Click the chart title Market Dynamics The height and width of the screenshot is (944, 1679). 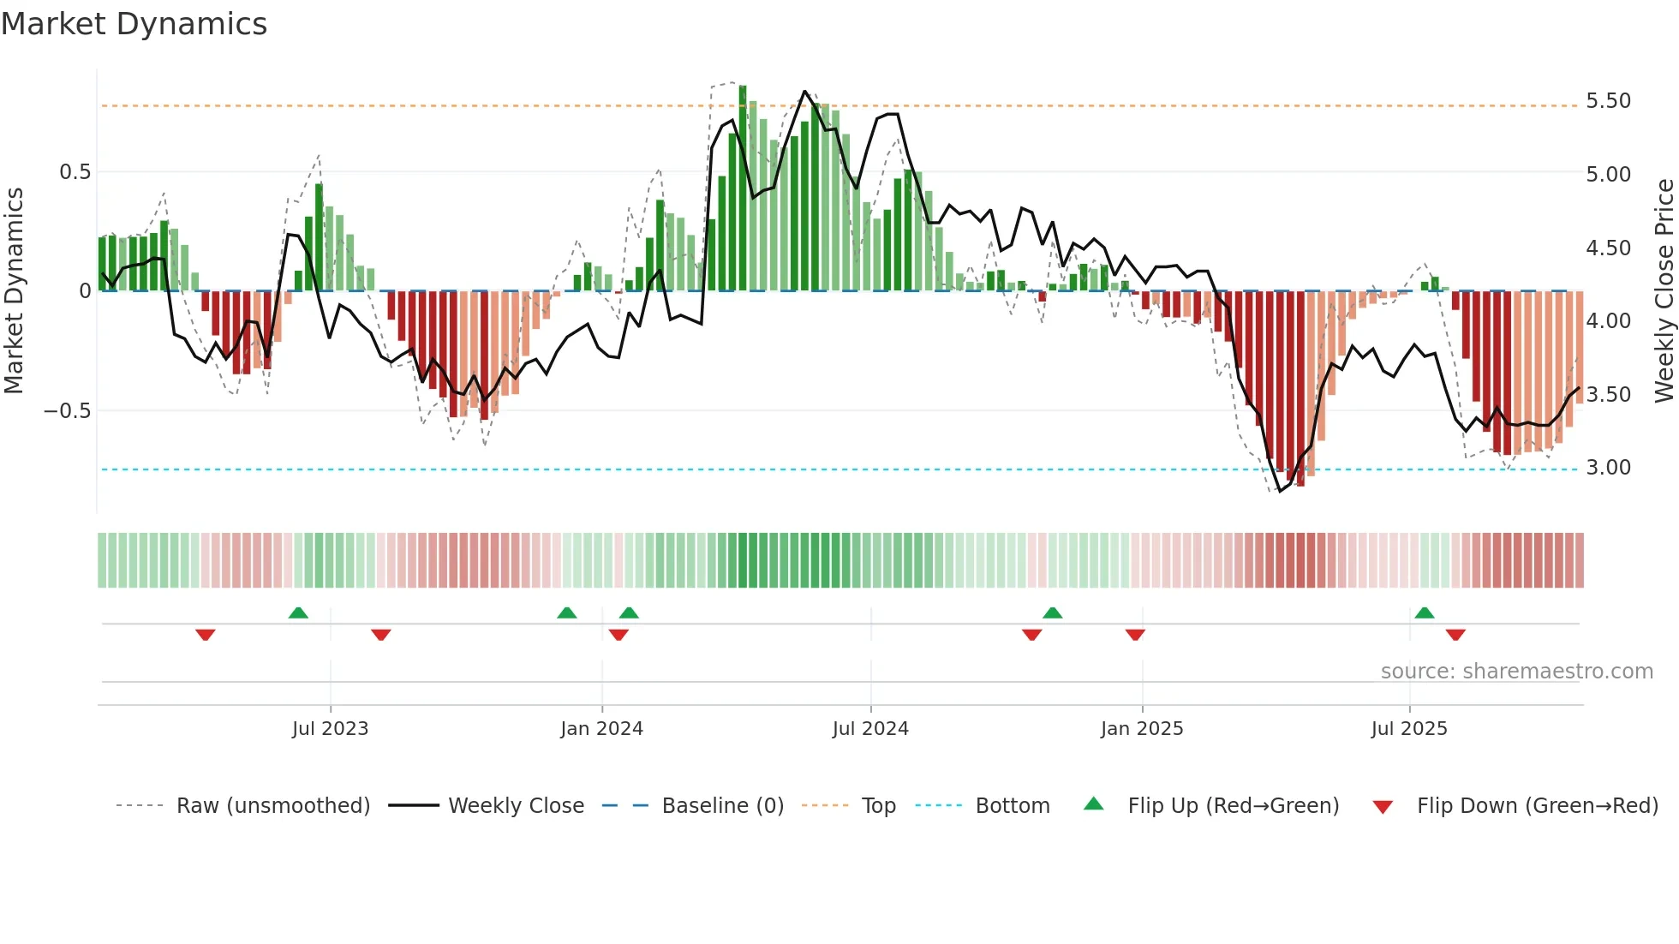point(134,24)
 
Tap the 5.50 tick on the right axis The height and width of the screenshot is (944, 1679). point(1608,101)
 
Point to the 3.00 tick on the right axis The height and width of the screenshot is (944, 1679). point(1608,468)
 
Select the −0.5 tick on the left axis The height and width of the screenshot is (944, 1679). point(67,411)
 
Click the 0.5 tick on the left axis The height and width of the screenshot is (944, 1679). point(75,172)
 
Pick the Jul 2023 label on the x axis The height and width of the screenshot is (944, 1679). point(330,729)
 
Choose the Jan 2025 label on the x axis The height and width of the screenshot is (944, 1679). point(1141,729)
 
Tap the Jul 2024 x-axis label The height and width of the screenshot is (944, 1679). point(869,729)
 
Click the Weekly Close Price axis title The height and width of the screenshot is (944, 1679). point(1664,291)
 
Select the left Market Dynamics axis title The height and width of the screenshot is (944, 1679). point(14,291)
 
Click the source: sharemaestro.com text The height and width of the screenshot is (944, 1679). point(1516,672)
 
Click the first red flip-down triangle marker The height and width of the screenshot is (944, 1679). point(205,635)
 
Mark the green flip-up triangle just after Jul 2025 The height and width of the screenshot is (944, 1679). point(1424,612)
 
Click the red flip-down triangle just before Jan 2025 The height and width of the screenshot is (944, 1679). point(1135,635)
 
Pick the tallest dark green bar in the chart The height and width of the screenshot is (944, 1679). point(743,188)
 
